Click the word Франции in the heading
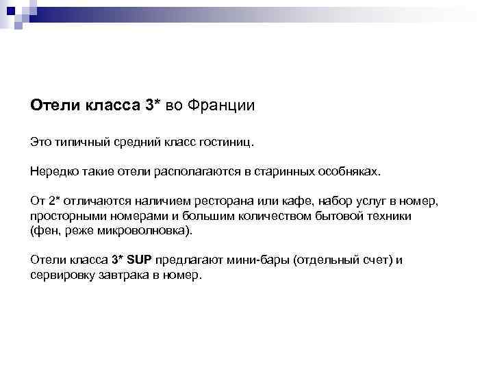[220, 106]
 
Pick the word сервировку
[61, 275]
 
